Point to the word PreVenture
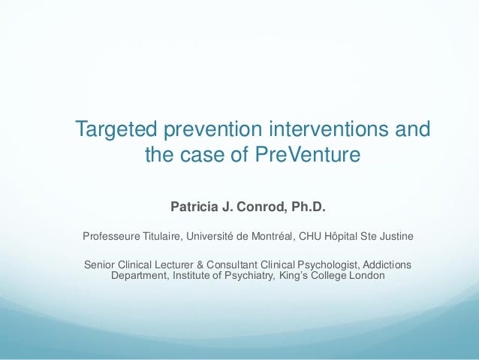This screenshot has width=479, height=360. click(309, 156)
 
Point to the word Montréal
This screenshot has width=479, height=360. click(270, 237)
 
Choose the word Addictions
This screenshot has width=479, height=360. click(387, 265)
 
